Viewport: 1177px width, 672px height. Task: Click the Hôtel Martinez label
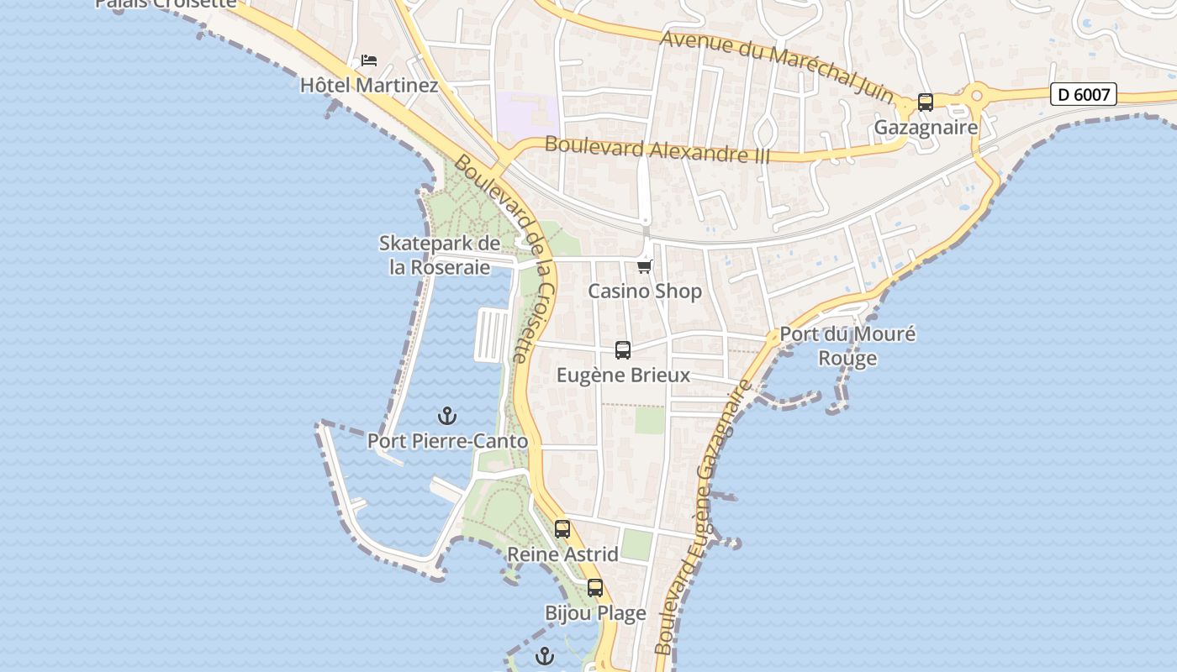coord(369,86)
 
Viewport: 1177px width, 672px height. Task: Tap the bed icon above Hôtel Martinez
coord(369,60)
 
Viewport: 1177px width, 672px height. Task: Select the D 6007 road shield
coord(1084,95)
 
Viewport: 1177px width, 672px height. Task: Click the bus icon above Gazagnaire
coord(926,102)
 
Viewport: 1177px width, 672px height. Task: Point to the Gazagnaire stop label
coord(926,128)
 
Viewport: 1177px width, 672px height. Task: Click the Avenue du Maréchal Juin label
coord(778,66)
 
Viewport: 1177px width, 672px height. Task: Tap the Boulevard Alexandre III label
coord(646,150)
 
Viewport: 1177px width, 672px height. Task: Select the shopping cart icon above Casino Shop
coord(645,266)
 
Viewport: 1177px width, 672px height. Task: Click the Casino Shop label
coord(645,291)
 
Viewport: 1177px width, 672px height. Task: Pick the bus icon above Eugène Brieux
coord(623,350)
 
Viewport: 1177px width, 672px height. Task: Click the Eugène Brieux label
coord(623,375)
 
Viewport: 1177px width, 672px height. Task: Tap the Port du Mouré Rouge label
coord(847,345)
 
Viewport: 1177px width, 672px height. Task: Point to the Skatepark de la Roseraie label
coord(440,255)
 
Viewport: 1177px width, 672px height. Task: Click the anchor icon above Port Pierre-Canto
coord(447,416)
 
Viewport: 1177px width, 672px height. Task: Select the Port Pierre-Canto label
coord(447,441)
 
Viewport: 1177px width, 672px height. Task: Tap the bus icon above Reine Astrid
coord(562,529)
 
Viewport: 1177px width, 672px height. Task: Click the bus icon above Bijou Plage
coord(595,588)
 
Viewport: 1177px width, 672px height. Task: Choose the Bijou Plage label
coord(595,613)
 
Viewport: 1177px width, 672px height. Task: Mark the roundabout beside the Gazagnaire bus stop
coord(977,96)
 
